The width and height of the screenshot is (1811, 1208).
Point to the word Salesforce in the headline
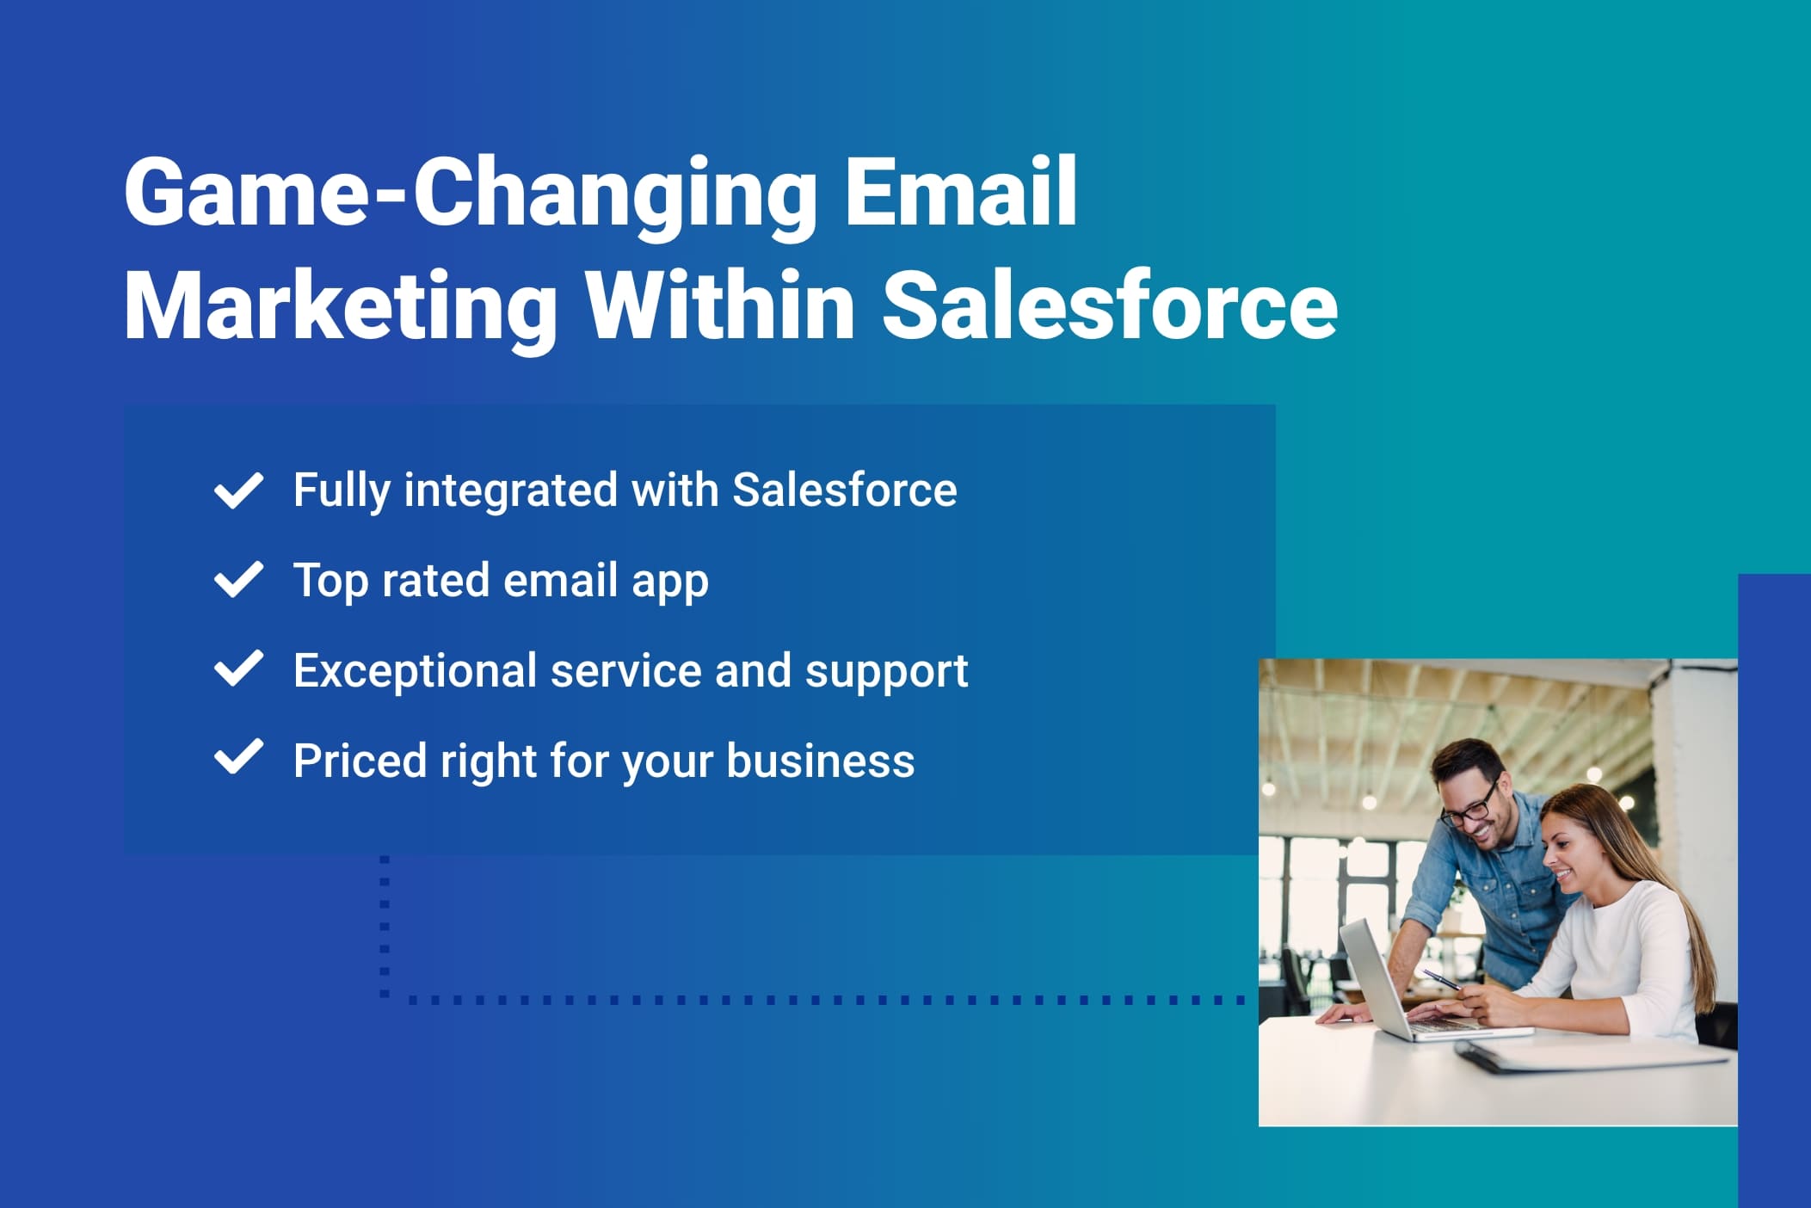[1110, 305]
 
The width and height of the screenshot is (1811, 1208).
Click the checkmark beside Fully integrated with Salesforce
[238, 490]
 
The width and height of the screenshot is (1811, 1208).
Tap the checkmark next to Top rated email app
[238, 580]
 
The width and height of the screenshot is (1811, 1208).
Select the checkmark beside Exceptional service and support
[238, 669]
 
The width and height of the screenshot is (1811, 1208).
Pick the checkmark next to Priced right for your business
[238, 759]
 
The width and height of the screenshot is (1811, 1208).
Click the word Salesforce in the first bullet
[844, 490]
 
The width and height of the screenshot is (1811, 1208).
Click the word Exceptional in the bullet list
[415, 671]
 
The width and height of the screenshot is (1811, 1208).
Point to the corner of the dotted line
[385, 999]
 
